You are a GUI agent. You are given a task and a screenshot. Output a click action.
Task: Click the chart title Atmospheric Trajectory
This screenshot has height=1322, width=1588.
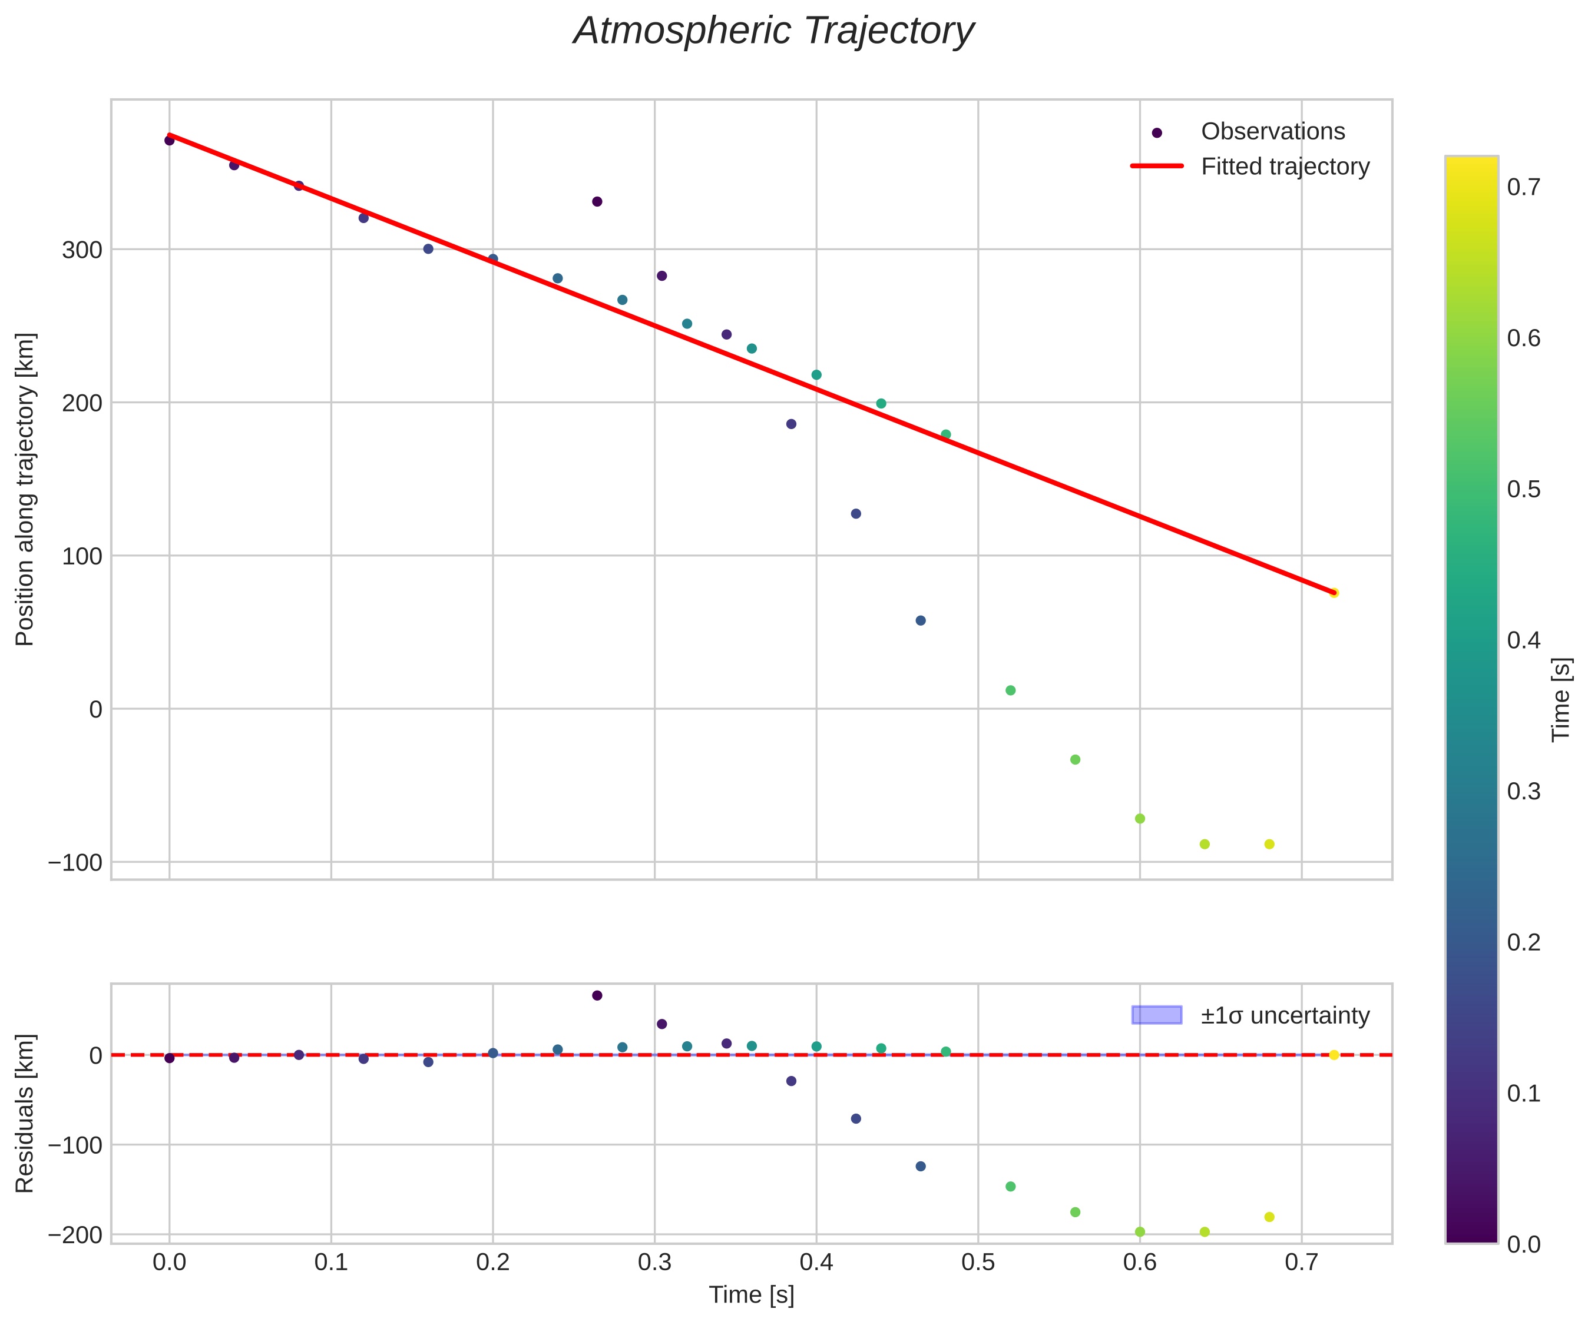click(x=773, y=32)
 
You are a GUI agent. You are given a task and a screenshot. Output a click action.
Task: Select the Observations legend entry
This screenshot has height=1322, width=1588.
click(x=1273, y=131)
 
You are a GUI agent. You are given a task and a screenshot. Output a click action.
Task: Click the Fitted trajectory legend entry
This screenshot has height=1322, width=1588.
click(x=1285, y=167)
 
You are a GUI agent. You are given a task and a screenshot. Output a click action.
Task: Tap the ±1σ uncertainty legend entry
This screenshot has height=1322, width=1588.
click(x=1285, y=1015)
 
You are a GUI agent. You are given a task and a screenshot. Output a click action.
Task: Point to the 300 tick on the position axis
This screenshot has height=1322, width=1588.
click(x=82, y=250)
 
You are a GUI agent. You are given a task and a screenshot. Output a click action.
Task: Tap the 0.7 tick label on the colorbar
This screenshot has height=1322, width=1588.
click(x=1524, y=187)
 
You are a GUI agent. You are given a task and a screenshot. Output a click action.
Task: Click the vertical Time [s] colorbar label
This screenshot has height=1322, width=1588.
click(x=1561, y=700)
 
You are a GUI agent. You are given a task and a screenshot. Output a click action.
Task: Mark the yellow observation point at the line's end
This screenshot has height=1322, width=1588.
click(x=1334, y=593)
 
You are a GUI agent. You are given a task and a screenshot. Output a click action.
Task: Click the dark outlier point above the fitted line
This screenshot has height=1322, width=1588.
click(x=597, y=202)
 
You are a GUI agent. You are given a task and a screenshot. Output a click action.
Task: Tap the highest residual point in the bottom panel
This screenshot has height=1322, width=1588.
click(x=597, y=995)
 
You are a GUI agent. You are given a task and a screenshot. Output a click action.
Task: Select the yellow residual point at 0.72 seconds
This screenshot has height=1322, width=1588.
click(x=1334, y=1055)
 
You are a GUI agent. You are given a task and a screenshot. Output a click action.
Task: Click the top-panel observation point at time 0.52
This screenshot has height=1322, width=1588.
click(x=1010, y=690)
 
